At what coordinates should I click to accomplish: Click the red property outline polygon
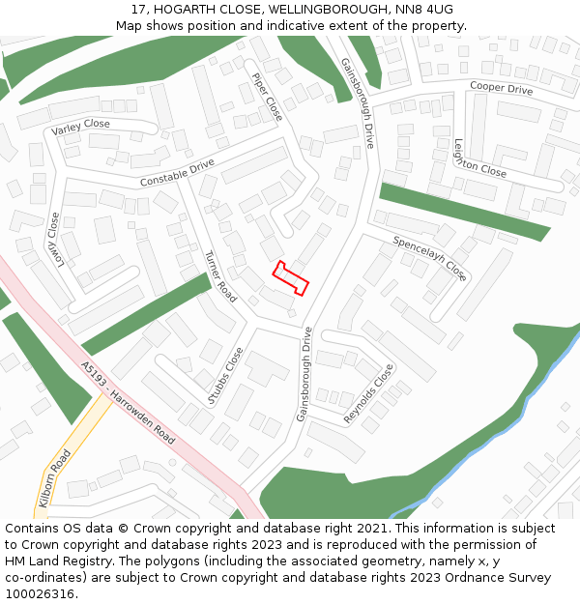pos(291,278)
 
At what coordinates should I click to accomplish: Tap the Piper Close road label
pos(267,97)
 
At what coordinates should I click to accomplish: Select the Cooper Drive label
pos(501,89)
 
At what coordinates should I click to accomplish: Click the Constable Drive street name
pos(177,173)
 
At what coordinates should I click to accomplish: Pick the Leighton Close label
pos(479,158)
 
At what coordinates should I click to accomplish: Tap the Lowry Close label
pos(54,239)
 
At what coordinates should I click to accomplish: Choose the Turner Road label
pos(220,276)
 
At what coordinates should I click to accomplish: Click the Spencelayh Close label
pos(430,258)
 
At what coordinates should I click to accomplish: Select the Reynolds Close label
pos(369,393)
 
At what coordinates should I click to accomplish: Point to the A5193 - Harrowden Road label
pos(129,403)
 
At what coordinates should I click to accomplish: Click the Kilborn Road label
pos(54,477)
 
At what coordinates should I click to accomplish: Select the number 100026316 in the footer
pos(42,593)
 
